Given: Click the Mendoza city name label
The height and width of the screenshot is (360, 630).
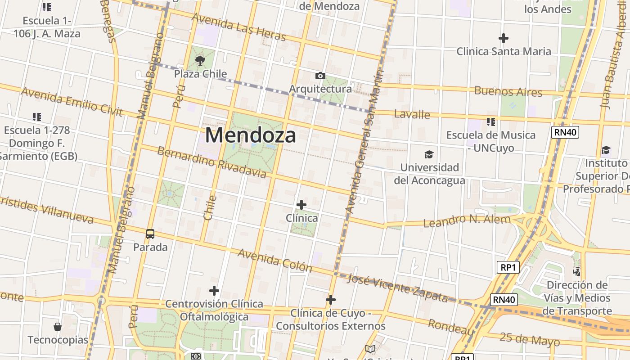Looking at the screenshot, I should pyautogui.click(x=251, y=135).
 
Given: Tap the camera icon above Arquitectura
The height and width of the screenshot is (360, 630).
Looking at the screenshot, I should pyautogui.click(x=320, y=76).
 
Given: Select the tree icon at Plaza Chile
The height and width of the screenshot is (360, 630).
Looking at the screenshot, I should pyautogui.click(x=200, y=60).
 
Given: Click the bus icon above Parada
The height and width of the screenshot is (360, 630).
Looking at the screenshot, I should pyautogui.click(x=150, y=234).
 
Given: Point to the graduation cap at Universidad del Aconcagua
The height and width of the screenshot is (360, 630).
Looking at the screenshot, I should pyautogui.click(x=429, y=154).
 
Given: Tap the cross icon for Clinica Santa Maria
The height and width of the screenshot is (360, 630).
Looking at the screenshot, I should pyautogui.click(x=504, y=38).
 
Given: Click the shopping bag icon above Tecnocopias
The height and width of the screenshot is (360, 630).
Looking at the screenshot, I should pyautogui.click(x=58, y=326).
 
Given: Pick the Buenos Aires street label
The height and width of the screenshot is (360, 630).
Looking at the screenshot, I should pyautogui.click(x=508, y=91).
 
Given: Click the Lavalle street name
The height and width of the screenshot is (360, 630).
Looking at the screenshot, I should pyautogui.click(x=412, y=114).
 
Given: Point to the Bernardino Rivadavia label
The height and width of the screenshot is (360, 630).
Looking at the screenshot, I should pyautogui.click(x=211, y=162).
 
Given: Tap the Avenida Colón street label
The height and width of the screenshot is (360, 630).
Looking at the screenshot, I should pyautogui.click(x=274, y=260).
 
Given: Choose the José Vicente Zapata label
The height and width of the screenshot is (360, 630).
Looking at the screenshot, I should pyautogui.click(x=398, y=288).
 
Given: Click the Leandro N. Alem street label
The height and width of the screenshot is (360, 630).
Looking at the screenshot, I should pyautogui.click(x=467, y=221).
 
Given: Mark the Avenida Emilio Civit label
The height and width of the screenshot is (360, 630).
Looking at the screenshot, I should pyautogui.click(x=72, y=101).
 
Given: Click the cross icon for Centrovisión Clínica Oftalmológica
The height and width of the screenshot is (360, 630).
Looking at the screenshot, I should pyautogui.click(x=214, y=291).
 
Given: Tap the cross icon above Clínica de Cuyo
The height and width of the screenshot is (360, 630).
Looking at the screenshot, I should pyautogui.click(x=331, y=300).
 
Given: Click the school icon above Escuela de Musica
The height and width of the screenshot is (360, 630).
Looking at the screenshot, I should pyautogui.click(x=491, y=121).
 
